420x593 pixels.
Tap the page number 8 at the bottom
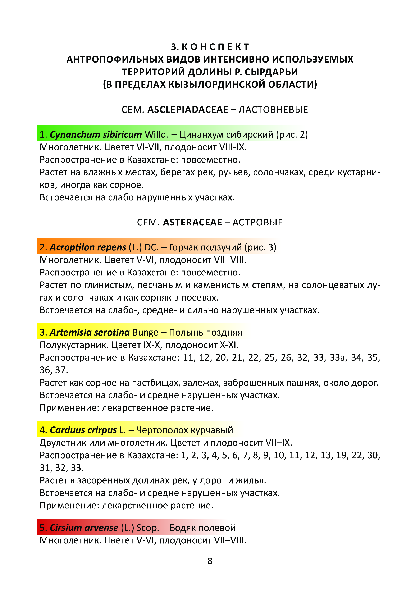click(x=210, y=561)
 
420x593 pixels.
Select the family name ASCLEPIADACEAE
click(x=188, y=110)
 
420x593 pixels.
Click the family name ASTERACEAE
click(x=192, y=222)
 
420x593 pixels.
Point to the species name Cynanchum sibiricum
click(x=96, y=134)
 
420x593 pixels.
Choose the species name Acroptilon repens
click(x=88, y=247)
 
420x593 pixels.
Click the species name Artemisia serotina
click(x=90, y=332)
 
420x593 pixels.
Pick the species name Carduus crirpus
click(x=83, y=430)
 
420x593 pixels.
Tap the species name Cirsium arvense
click(x=84, y=528)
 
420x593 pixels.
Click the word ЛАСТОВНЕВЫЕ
click(x=273, y=110)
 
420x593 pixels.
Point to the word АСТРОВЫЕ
click(x=258, y=222)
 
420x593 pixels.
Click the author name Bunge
click(x=145, y=332)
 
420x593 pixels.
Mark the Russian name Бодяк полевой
click(x=202, y=528)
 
